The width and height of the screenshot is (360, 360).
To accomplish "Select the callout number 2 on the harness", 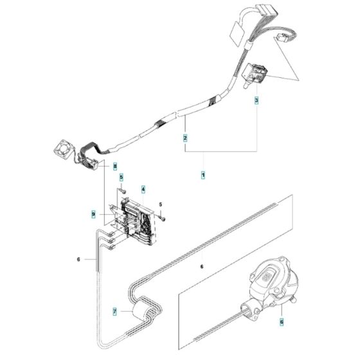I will (185, 138).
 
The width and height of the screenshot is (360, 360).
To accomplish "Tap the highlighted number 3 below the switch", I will (257, 102).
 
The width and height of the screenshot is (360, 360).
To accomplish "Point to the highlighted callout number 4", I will (143, 190).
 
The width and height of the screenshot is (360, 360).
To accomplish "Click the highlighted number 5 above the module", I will (121, 177).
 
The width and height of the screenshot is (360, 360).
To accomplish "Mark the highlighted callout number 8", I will (116, 166).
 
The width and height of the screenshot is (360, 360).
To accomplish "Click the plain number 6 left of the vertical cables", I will (78, 259).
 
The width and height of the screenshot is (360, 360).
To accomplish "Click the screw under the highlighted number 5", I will (121, 189).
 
